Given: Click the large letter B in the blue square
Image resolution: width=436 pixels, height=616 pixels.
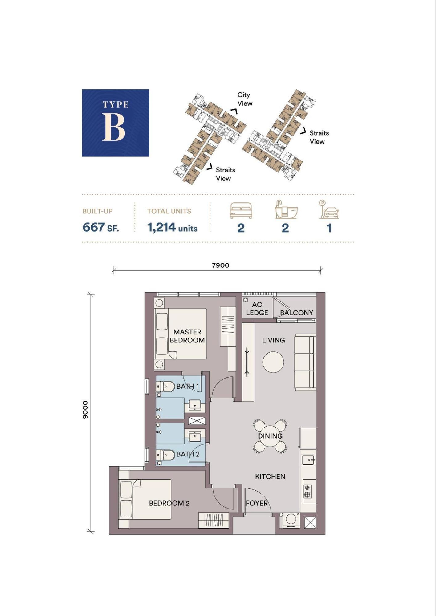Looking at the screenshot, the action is (x=114, y=128).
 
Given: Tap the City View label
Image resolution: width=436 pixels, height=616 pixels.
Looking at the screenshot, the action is (x=245, y=99).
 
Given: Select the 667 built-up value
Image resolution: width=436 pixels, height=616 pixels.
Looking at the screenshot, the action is (x=94, y=227).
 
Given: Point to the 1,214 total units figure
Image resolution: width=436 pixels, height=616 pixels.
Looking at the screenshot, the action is (x=161, y=227).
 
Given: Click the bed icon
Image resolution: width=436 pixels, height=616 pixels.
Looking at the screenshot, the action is (x=241, y=211).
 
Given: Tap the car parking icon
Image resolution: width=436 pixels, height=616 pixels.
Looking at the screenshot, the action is (x=329, y=209).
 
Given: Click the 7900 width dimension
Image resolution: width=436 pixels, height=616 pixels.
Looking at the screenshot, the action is (x=221, y=265).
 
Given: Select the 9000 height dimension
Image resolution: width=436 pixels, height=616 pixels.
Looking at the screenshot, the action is (x=85, y=410).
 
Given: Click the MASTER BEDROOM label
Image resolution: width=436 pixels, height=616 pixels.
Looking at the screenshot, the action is (x=187, y=336).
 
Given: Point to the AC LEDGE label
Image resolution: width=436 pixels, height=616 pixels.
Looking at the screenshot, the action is (x=257, y=309).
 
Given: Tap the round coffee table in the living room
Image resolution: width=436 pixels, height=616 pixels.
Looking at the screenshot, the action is (x=273, y=362).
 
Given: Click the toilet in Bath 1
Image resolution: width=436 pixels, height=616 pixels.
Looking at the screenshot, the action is (x=165, y=386).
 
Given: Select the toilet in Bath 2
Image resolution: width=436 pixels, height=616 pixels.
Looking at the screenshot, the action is (x=165, y=455).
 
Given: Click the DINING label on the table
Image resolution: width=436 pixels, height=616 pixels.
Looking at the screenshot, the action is (x=270, y=436).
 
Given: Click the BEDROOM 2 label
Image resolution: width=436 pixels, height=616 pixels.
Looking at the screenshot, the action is (x=169, y=503).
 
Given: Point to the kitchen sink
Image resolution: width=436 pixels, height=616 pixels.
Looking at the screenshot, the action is (x=308, y=460).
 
